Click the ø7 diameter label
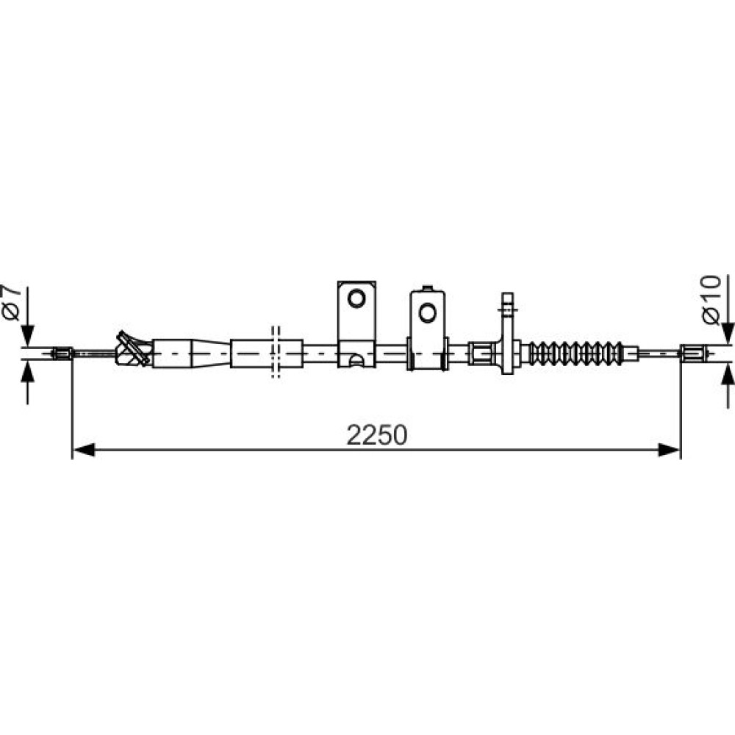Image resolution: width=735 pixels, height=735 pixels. click(12, 302)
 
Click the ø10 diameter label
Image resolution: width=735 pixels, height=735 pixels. click(711, 300)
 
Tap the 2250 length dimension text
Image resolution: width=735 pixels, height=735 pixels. click(377, 435)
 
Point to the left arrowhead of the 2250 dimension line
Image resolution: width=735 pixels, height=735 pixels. click(85, 450)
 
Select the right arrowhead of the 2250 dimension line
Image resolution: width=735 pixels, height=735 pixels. click(670, 450)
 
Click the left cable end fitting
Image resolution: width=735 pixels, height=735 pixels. click(62, 354)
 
